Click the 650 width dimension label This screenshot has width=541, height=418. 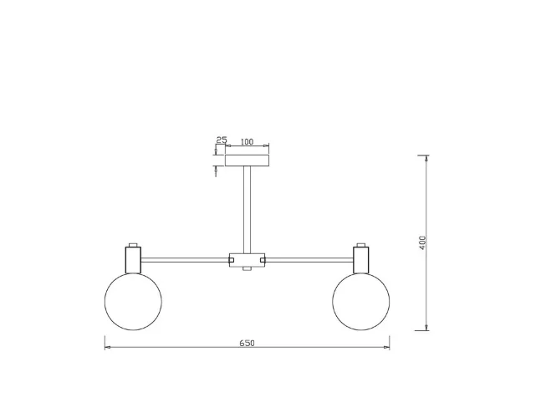(247, 343)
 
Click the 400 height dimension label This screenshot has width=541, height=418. (422, 242)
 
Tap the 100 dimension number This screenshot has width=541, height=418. (247, 142)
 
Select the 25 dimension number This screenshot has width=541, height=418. (222, 140)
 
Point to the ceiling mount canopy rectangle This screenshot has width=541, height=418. (247, 161)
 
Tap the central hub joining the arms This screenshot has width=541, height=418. (247, 260)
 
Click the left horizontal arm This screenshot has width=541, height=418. (186, 260)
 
